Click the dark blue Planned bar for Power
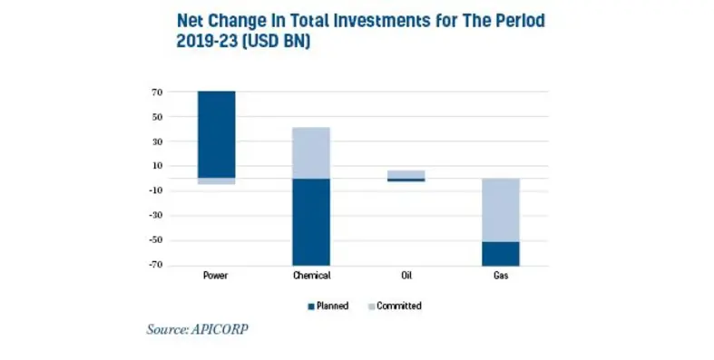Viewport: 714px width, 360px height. (216, 134)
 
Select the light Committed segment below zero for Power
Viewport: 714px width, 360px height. (216, 181)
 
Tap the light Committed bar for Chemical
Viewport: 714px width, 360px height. (310, 152)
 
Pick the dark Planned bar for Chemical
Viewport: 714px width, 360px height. (310, 221)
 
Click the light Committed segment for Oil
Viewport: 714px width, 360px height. (406, 173)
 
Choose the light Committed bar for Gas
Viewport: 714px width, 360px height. (501, 209)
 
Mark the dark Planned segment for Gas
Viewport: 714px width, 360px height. (501, 253)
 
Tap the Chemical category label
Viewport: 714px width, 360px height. (310, 276)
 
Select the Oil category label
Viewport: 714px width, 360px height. (405, 276)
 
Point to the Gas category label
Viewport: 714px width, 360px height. (501, 276)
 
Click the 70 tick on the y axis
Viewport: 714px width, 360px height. (156, 92)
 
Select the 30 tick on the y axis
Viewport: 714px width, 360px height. (156, 141)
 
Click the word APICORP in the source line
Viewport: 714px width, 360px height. (220, 329)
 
